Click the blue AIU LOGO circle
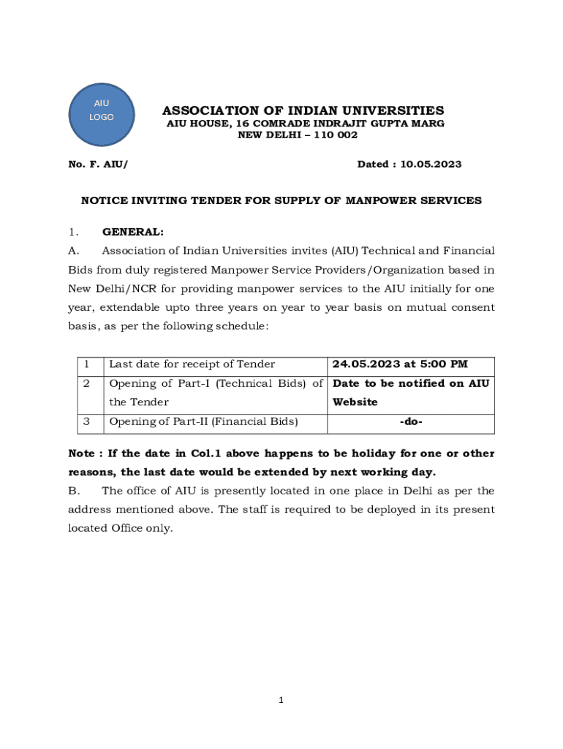[102, 111]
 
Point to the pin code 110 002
[328, 135]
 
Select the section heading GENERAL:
[133, 232]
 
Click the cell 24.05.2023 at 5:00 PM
[400, 364]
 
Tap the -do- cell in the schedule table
[411, 421]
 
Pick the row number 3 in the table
[86, 421]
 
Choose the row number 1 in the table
[86, 364]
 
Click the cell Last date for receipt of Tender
[192, 364]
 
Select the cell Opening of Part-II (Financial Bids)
[204, 421]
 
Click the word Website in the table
[355, 402]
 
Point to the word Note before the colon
[80, 453]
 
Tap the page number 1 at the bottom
[281, 701]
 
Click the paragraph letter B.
[75, 491]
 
